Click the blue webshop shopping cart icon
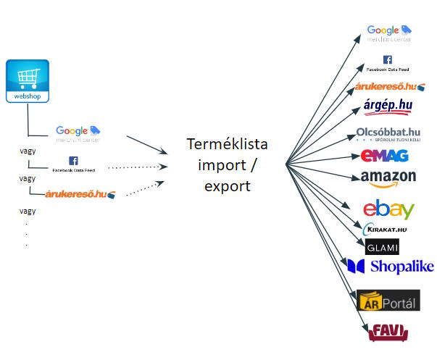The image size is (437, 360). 28,76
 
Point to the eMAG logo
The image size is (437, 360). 385,155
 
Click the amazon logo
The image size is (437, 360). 388,177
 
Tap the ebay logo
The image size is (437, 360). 388,209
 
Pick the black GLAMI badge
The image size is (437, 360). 383,247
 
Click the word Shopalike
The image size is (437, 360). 401,267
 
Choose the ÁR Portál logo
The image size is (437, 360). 388,300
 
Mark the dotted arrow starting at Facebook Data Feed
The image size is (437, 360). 138,167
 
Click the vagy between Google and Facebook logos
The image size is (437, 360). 28,151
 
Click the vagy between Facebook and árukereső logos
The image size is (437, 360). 28,178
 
